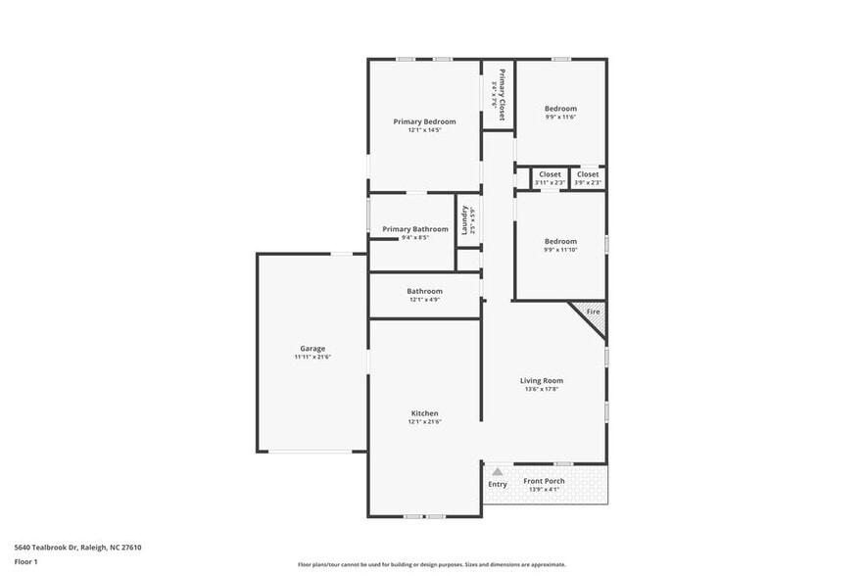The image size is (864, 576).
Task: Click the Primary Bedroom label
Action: point(424,121)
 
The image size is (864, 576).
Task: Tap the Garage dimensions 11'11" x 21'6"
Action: point(312,358)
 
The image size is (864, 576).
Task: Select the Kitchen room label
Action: point(424,413)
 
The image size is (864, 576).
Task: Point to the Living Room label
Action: point(541,380)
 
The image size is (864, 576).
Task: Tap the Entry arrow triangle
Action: point(498,472)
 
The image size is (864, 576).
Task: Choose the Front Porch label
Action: point(544,481)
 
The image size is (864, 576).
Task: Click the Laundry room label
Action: point(465,219)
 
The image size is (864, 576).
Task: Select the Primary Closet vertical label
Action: point(502,95)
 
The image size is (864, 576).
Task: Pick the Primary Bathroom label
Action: point(414,229)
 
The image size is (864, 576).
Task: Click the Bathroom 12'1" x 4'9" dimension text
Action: point(424,300)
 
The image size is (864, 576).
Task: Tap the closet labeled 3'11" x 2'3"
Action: point(550,182)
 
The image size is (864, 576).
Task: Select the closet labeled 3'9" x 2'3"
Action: point(588,182)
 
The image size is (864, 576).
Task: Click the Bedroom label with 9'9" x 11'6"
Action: point(560,109)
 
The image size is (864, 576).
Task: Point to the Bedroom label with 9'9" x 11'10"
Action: point(560,241)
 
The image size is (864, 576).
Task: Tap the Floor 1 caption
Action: point(25,561)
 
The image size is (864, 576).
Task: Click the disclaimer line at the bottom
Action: point(431,564)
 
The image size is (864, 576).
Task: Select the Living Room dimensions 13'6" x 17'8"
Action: point(541,389)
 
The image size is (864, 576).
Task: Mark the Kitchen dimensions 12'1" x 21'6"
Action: point(424,422)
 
